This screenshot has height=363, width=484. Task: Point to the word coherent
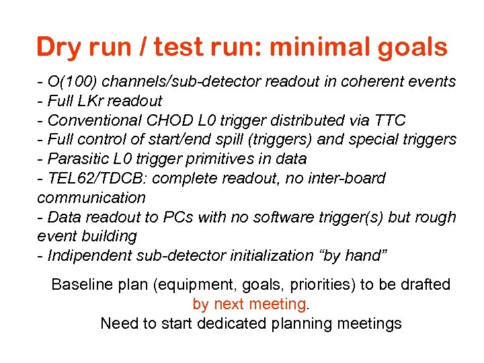click(x=370, y=82)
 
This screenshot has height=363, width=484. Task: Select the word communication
click(x=91, y=198)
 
